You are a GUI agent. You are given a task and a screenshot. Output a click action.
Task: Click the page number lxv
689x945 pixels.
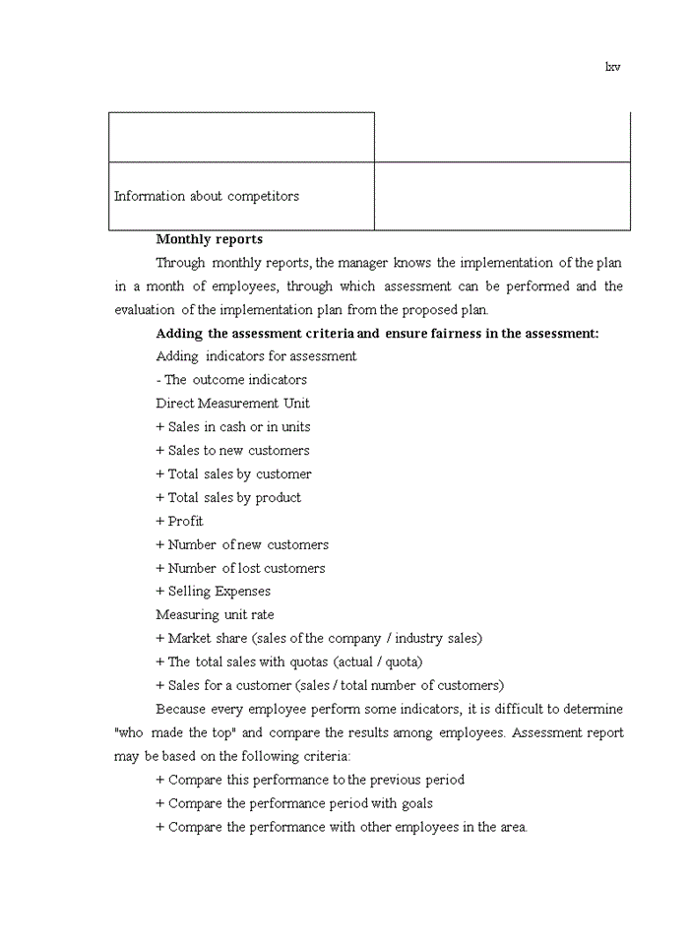click(612, 67)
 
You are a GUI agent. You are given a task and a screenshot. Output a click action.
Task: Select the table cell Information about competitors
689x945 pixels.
click(207, 196)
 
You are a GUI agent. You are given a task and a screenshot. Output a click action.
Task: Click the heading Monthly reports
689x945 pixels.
click(209, 239)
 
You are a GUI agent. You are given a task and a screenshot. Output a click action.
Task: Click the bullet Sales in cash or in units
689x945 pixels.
click(232, 427)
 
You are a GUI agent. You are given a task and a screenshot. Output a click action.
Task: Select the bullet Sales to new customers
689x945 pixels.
click(232, 451)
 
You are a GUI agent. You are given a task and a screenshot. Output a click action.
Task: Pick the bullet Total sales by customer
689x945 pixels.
click(233, 474)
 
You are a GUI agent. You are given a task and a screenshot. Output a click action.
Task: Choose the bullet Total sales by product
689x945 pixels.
click(228, 498)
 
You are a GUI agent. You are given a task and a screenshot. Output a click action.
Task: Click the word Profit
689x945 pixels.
click(185, 522)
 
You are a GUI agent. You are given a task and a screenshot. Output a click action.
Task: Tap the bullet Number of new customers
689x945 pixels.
click(242, 545)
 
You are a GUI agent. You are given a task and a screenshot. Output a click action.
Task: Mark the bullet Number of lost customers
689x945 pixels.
click(240, 568)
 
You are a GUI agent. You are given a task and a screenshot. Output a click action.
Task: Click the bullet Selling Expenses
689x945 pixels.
click(213, 592)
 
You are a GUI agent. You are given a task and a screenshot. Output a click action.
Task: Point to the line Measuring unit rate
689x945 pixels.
click(215, 615)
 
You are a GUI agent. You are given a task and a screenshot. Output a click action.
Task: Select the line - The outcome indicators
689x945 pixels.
click(231, 380)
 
